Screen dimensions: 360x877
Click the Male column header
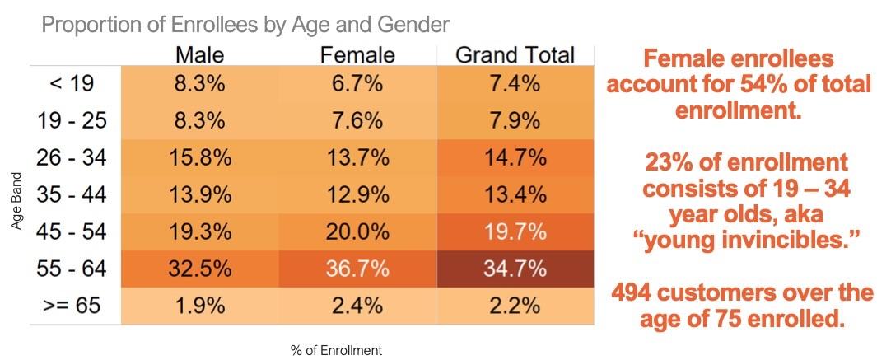[x=199, y=55]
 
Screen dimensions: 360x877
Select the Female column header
[x=357, y=55]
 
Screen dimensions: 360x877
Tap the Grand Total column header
[x=515, y=55]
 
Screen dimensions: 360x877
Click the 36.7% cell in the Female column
[x=357, y=269]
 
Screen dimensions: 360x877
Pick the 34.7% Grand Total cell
[x=515, y=269]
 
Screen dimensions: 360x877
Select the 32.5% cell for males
[x=199, y=269]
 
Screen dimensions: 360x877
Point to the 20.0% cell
[x=357, y=231]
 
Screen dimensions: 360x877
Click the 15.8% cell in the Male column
[x=199, y=157]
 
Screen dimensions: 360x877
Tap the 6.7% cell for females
[x=357, y=83]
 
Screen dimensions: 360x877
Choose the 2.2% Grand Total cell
[x=515, y=306]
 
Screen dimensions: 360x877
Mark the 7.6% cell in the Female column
[x=357, y=120]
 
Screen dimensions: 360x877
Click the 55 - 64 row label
[x=72, y=269]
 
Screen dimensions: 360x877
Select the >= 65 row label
[x=72, y=306]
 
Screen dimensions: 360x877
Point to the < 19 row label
[x=72, y=83]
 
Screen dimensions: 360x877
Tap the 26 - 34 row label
[x=72, y=157]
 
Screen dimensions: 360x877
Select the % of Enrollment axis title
[x=336, y=350]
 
